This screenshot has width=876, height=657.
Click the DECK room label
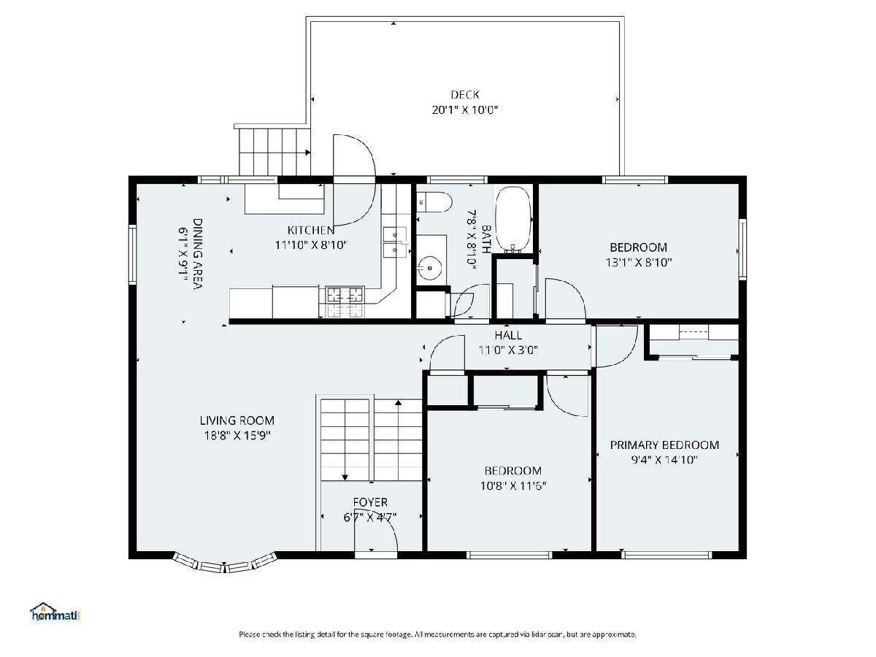pos(465,95)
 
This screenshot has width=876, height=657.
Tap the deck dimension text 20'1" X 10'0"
pos(465,109)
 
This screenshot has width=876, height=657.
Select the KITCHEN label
pos(311,230)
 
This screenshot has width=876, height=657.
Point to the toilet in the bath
pos(434,202)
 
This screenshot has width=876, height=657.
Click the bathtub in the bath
pos(513,220)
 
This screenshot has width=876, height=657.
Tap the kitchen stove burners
pos(345,301)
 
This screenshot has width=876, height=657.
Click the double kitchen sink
pos(395,242)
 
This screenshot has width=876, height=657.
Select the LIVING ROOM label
pos(237,420)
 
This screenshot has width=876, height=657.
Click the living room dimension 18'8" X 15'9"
pos(237,436)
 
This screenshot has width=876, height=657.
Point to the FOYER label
pos(370,502)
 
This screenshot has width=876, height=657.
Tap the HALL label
pos(508,335)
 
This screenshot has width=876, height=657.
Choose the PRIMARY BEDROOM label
pos(664,445)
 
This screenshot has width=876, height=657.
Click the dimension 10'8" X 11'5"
pos(513,486)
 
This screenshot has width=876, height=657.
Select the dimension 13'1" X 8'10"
pos(639,263)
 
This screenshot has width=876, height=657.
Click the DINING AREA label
pos(198,253)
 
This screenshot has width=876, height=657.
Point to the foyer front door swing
pos(375,535)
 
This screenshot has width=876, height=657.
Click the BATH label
pos(486,239)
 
